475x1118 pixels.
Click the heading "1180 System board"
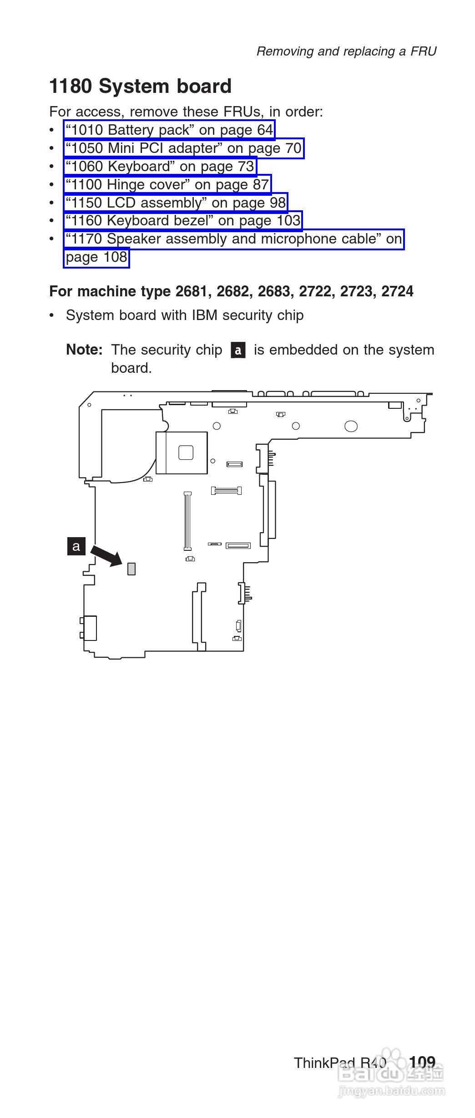[140, 86]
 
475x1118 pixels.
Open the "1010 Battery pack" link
[169, 130]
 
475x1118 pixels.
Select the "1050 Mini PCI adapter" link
[183, 148]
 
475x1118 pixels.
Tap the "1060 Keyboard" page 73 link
[160, 167]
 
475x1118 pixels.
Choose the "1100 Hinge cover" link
[167, 185]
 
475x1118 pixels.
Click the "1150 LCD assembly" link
[176, 203]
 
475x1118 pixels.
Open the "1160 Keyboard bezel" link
[183, 221]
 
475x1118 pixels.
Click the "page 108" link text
[96, 258]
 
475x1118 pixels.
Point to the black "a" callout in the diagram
[76, 546]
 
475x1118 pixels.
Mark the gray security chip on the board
[131, 569]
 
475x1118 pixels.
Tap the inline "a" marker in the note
[238, 351]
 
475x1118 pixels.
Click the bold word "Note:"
[84, 350]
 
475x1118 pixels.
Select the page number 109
[422, 1062]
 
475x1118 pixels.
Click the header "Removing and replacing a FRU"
[346, 51]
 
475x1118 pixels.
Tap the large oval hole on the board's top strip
[351, 426]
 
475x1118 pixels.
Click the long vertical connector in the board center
[187, 520]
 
